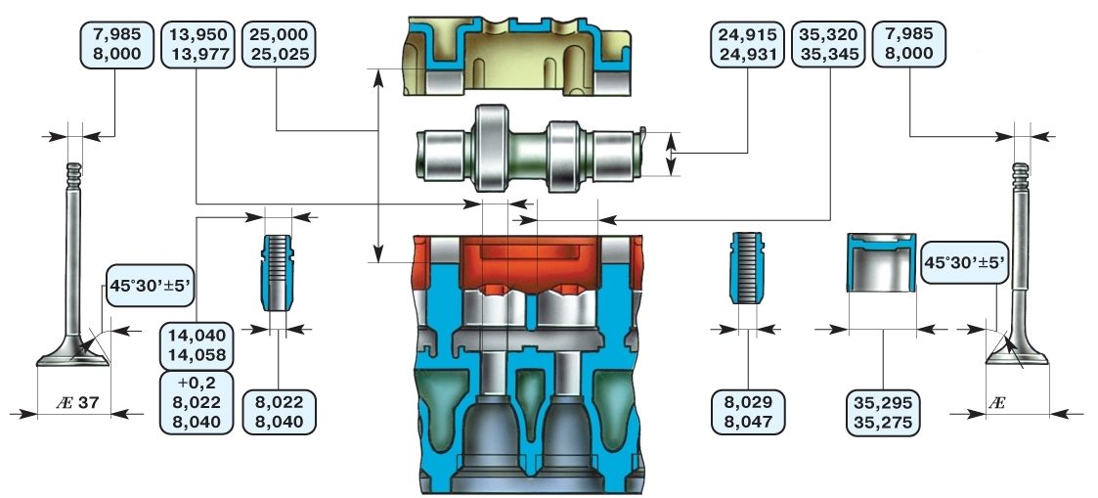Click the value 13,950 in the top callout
click(x=196, y=33)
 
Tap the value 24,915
click(x=747, y=33)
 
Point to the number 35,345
click(x=830, y=54)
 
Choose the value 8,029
click(x=748, y=402)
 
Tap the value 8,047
click(x=748, y=423)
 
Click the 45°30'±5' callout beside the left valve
click(x=151, y=287)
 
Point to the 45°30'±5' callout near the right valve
click(x=965, y=262)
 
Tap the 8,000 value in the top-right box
click(x=909, y=54)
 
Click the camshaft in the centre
click(x=529, y=149)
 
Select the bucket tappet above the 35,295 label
click(x=882, y=261)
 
